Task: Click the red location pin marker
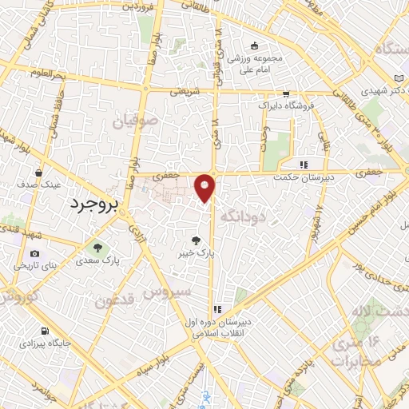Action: pyautogui.click(x=205, y=188)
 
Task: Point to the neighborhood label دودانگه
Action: pyautogui.click(x=242, y=215)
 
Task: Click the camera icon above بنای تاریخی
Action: pyautogui.click(x=34, y=253)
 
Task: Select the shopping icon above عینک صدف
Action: pyautogui.click(x=38, y=172)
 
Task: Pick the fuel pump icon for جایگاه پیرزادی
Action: pyautogui.click(x=43, y=332)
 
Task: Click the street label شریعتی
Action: pyautogui.click(x=185, y=90)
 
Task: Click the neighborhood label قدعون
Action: pyautogui.click(x=117, y=300)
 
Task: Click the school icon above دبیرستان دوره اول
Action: pyautogui.click(x=216, y=310)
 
